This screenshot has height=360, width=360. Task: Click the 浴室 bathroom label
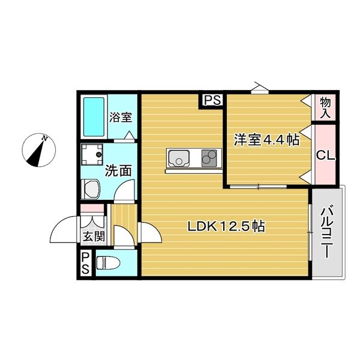(x=121, y=118)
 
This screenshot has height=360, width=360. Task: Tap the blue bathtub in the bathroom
(x=93, y=116)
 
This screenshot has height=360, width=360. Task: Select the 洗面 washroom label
(x=118, y=170)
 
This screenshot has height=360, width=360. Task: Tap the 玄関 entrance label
(x=93, y=236)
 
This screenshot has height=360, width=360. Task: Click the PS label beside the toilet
(x=86, y=265)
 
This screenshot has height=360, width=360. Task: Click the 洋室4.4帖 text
(x=266, y=140)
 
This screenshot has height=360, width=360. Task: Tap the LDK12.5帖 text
(x=226, y=227)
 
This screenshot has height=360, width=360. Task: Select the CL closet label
(x=325, y=155)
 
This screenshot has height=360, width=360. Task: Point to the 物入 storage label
(x=325, y=107)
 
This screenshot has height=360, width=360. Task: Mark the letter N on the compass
(x=45, y=139)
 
